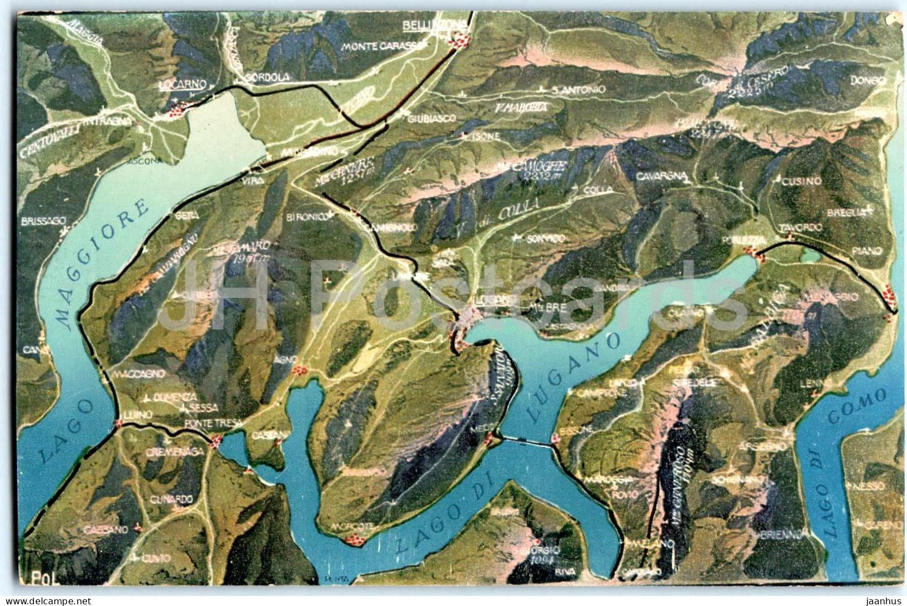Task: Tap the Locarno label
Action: pyautogui.click(x=183, y=84)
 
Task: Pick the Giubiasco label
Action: pyautogui.click(x=431, y=118)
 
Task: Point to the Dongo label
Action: pyautogui.click(x=868, y=80)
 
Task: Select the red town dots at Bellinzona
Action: pyautogui.click(x=460, y=40)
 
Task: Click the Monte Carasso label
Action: pyautogui.click(x=381, y=46)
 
